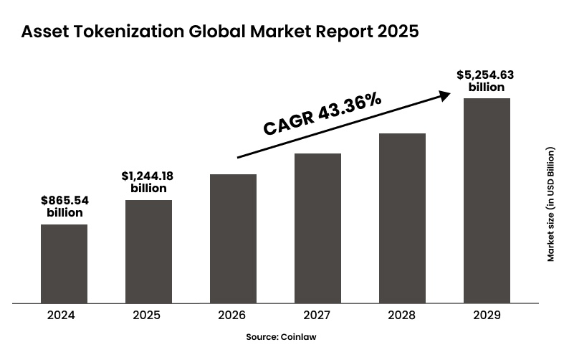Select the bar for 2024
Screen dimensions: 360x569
pos(64,263)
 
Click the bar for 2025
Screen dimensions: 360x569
pos(148,251)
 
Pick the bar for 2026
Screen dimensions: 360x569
pos(233,238)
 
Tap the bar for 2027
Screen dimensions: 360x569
pos(317,227)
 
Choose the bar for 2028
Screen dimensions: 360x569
pos(402,217)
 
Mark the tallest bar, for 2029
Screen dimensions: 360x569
pos(487,200)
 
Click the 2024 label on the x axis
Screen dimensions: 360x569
pos(64,315)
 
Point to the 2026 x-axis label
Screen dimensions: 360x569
pos(233,315)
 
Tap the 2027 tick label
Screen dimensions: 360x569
pos(317,315)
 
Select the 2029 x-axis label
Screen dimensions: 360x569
pos(487,315)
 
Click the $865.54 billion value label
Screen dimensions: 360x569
pos(64,207)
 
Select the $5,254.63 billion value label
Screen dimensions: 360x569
pos(486,80)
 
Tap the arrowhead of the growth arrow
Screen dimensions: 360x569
pos(446,94)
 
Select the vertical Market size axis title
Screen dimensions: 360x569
pos(550,204)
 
